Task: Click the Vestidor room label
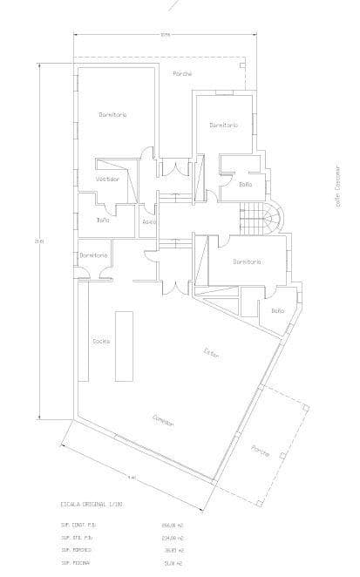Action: (107, 179)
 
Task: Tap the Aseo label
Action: (149, 221)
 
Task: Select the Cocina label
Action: (101, 341)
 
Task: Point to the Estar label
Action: (211, 352)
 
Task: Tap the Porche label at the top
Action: (182, 73)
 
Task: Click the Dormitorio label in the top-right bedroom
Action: (223, 126)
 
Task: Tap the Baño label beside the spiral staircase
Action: (245, 185)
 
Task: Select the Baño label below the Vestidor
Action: (103, 221)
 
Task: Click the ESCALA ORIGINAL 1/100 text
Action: (93, 504)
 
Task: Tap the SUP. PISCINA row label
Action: (77, 563)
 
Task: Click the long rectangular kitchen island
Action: (124, 345)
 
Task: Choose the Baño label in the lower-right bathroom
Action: (277, 310)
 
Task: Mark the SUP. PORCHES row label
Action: (77, 550)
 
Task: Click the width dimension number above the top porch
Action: (165, 35)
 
